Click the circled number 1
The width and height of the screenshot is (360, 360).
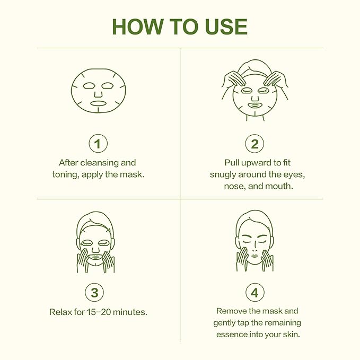tap(98, 143)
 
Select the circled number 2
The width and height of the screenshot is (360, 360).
tap(254, 143)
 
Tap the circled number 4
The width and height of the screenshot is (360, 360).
tap(254, 293)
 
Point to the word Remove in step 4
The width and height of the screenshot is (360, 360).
tap(232, 311)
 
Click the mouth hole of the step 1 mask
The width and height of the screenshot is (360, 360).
tap(98, 103)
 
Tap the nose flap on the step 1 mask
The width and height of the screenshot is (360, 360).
tap(98, 93)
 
